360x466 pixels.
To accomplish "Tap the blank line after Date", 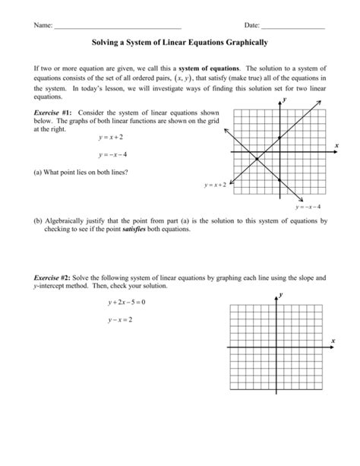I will click(x=292, y=27).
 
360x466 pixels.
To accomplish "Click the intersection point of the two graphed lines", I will click(x=257, y=160).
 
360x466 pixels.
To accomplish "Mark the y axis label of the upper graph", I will click(x=285, y=100).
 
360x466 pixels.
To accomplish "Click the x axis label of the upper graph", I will click(x=336, y=144).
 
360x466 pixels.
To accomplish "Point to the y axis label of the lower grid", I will click(x=281, y=293).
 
